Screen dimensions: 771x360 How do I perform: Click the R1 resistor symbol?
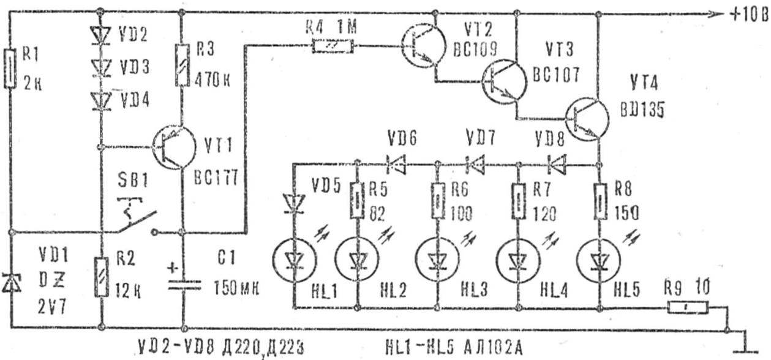[x=10, y=69]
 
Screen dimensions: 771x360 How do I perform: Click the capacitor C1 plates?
[x=184, y=287]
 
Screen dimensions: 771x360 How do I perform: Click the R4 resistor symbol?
[x=333, y=46]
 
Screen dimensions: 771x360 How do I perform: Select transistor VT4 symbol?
[x=587, y=119]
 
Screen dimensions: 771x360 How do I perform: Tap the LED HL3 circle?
[x=438, y=260]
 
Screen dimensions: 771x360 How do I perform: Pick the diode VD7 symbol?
[x=475, y=164]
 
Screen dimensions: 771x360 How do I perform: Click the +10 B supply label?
[x=749, y=15]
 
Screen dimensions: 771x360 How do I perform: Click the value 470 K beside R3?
[x=212, y=81]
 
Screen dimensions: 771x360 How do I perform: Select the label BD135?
[x=642, y=111]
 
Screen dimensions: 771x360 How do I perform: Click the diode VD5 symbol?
[x=293, y=204]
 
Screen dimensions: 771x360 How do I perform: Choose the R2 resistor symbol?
[x=101, y=277]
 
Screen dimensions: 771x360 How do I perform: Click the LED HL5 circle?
[x=600, y=260]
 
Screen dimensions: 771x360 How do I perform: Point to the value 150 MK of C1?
[x=236, y=288]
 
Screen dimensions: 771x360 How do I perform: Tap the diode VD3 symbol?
[x=102, y=68]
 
